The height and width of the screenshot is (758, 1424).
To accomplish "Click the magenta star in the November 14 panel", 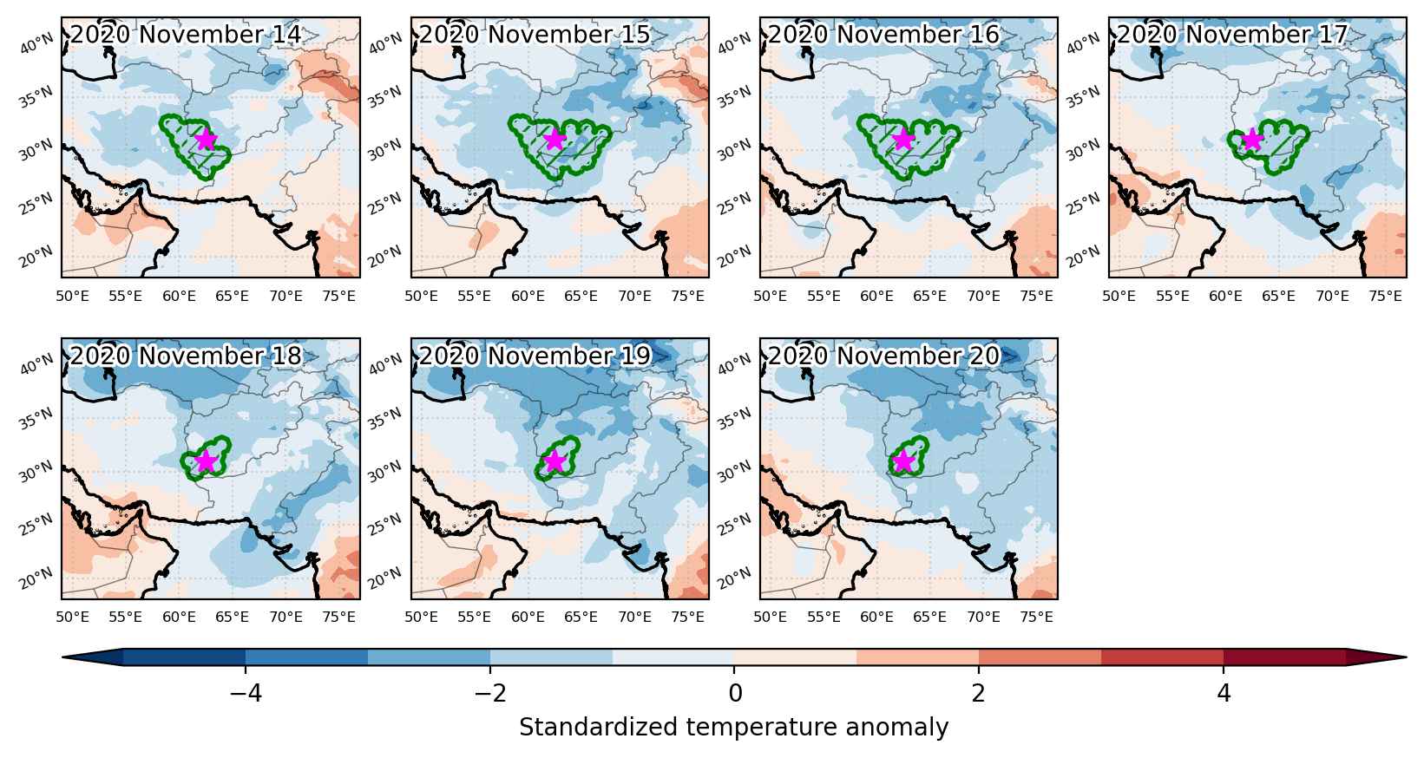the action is [206, 139].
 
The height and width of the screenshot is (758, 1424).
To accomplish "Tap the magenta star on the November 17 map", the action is [1252, 139].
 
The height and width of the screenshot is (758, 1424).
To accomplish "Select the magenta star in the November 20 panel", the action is [903, 461].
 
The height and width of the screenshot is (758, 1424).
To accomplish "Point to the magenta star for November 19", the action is [555, 461].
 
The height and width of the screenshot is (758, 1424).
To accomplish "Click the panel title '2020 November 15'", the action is [535, 35].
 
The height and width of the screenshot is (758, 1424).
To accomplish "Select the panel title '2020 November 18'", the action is [186, 356].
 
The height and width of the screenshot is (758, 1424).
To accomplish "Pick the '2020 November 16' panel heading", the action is [883, 35].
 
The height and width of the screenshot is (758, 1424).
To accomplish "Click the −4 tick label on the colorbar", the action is [246, 693].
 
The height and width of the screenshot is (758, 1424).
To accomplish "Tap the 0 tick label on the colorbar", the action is [735, 693].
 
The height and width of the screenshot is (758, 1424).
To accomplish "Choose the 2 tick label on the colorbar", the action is [979, 693].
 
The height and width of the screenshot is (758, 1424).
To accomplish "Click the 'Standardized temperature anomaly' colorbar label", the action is [733, 727].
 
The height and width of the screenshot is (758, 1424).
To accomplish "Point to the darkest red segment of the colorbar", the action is [1285, 657].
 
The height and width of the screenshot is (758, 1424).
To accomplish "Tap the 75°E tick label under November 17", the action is [1386, 296].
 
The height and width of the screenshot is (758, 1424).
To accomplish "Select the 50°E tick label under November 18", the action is [72, 617].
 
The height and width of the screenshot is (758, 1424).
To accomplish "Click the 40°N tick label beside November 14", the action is [36, 44].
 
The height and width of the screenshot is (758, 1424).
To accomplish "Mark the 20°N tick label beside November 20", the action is [734, 578].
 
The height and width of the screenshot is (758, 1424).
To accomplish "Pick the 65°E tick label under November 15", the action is [581, 296].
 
